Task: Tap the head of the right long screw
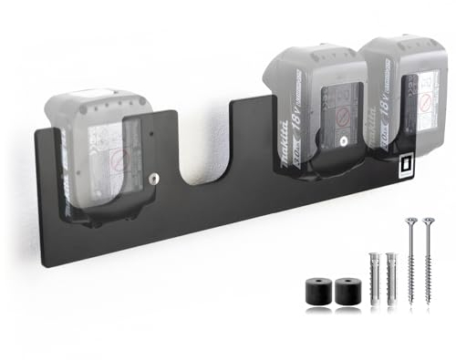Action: pyautogui.click(x=428, y=221)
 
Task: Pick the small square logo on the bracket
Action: pyautogui.click(x=405, y=166)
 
